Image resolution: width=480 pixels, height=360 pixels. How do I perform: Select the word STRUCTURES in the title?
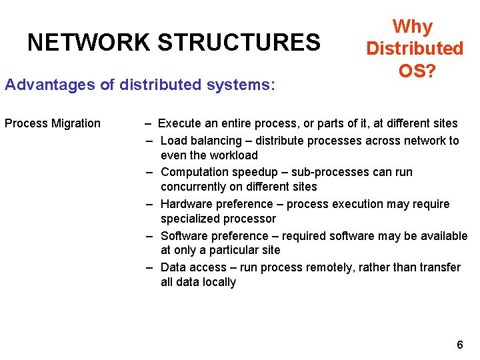(x=239, y=43)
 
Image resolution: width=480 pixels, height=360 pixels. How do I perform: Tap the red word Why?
(x=413, y=27)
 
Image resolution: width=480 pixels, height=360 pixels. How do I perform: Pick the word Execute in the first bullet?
(x=179, y=123)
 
